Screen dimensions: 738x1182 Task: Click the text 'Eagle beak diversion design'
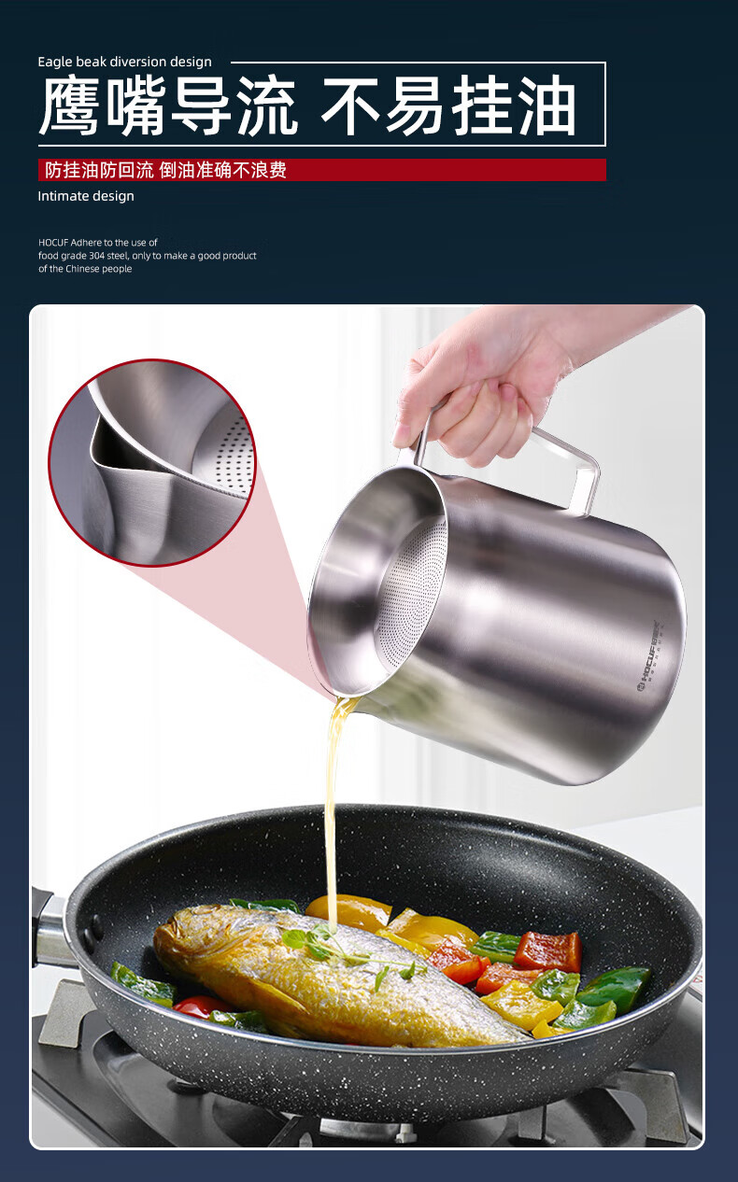click(124, 63)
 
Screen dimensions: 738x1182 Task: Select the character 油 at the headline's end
click(546, 105)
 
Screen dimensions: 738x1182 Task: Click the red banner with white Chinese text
click(322, 170)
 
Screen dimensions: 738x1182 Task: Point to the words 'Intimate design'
click(86, 196)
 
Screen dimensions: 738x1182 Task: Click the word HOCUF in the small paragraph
click(53, 243)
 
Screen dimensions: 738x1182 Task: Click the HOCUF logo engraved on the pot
click(648, 655)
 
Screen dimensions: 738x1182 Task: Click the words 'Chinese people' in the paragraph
click(99, 269)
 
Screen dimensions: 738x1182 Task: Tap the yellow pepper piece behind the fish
click(348, 913)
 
